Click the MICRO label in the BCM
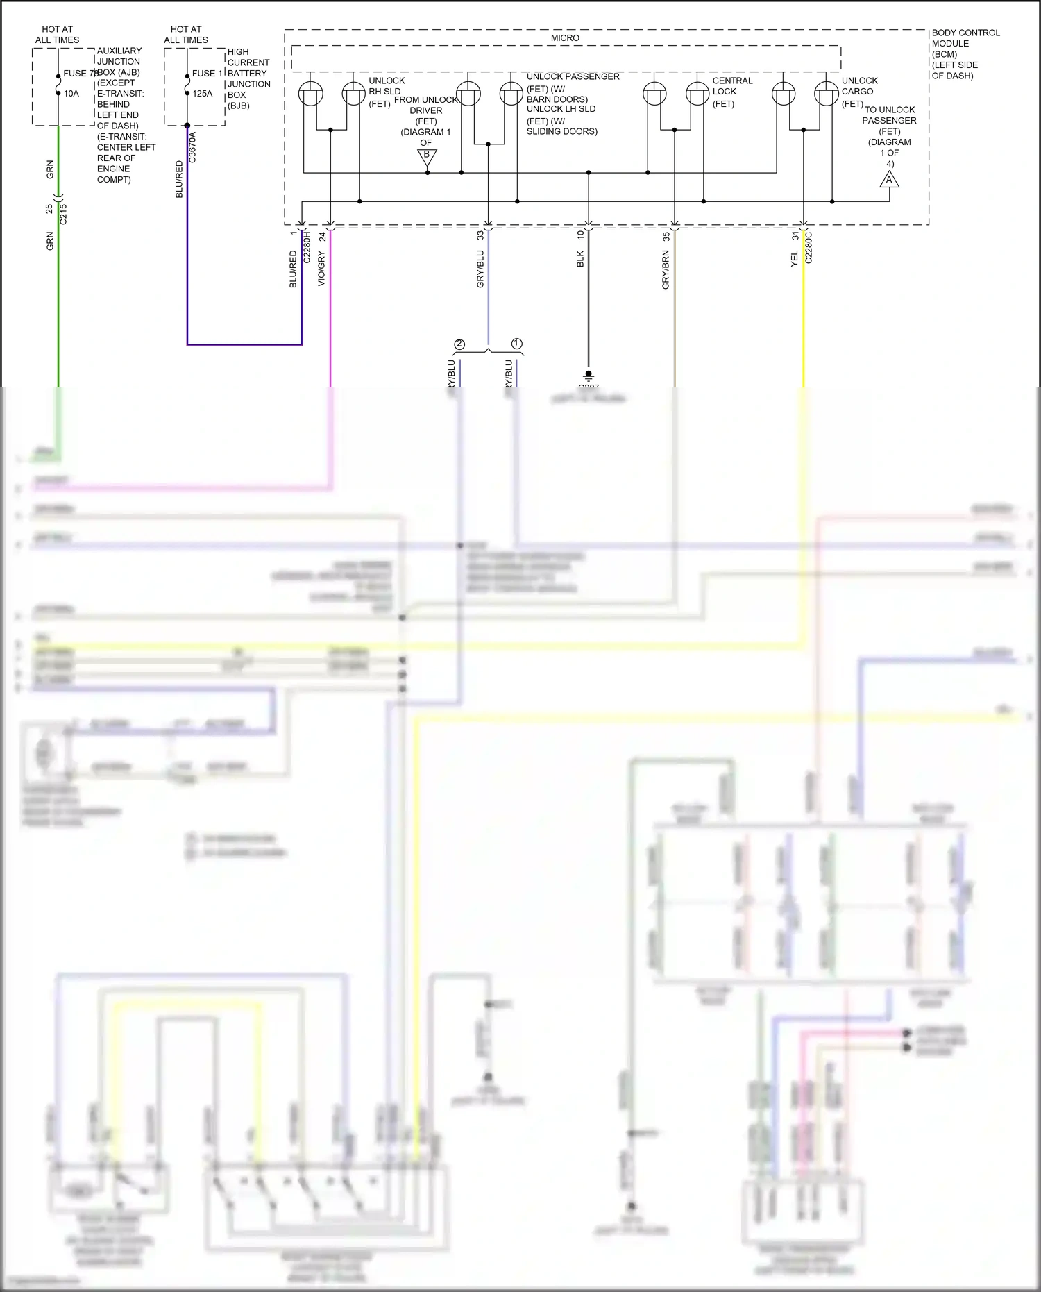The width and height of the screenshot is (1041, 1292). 565,38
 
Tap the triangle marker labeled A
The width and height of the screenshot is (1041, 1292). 889,180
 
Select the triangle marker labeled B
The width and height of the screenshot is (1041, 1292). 427,157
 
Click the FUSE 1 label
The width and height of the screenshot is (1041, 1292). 207,74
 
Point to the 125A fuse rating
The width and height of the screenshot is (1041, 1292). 203,94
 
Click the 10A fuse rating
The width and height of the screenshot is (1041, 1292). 71,94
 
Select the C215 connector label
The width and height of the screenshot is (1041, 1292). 63,214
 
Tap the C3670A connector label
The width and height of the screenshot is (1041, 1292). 193,147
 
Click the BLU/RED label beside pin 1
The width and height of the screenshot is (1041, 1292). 293,269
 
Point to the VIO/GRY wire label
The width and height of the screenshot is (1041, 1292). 321,268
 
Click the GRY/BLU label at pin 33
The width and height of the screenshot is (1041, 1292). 480,269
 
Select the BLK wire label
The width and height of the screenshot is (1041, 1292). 580,259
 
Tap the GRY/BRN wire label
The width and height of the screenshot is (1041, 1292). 666,271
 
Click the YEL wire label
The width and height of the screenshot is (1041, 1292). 795,259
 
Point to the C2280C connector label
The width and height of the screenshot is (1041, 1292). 809,248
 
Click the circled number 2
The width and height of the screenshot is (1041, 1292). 459,344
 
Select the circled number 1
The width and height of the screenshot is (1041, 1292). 516,344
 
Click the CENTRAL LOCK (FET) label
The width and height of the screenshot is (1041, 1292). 731,92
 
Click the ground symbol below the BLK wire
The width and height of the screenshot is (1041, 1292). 589,376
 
